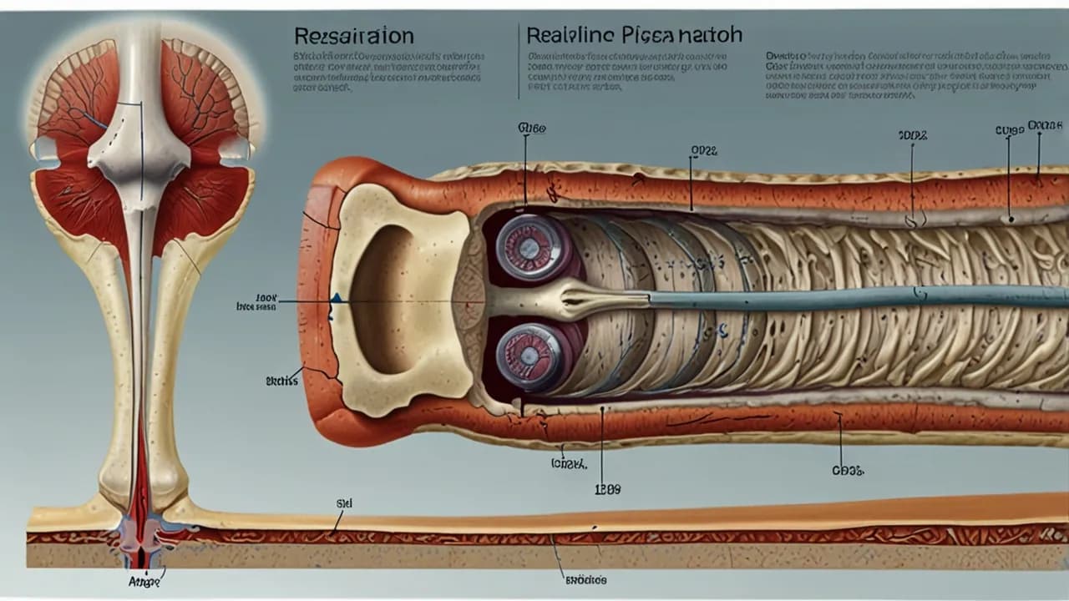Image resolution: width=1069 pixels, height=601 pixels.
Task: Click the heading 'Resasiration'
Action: (353, 37)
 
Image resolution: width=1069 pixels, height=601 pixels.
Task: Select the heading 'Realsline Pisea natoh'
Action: (634, 35)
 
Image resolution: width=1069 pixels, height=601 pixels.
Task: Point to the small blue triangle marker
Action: (336, 297)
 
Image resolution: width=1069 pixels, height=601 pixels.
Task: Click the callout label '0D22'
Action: (704, 151)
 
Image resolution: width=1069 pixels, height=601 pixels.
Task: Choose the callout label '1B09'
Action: (607, 490)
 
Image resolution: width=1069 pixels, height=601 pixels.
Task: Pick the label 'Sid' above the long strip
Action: (343, 504)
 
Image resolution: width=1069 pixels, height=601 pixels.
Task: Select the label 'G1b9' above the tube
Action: (531, 129)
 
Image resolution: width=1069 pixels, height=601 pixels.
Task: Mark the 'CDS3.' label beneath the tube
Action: (847, 471)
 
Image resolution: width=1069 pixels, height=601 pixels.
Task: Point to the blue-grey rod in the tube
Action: (835, 297)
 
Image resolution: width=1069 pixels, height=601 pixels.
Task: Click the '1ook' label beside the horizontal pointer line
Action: (266, 296)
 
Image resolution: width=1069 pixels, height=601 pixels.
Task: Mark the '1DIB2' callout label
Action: (912, 135)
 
